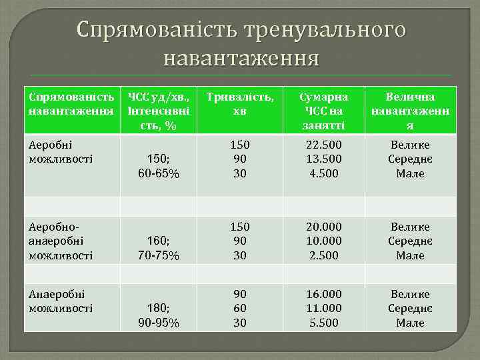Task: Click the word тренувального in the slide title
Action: (x=325, y=29)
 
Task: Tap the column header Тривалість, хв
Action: (x=240, y=103)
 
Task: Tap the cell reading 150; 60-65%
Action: (x=158, y=167)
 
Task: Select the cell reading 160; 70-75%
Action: (x=158, y=248)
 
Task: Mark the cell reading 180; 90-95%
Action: (x=158, y=316)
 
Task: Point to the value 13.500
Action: (x=323, y=159)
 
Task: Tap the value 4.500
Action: (x=323, y=173)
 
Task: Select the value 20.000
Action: (x=323, y=227)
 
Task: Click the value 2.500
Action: (x=323, y=255)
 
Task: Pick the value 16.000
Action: (x=323, y=295)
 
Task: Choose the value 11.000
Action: (x=323, y=309)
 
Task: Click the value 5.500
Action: (x=323, y=323)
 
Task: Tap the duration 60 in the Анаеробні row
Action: (x=240, y=309)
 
